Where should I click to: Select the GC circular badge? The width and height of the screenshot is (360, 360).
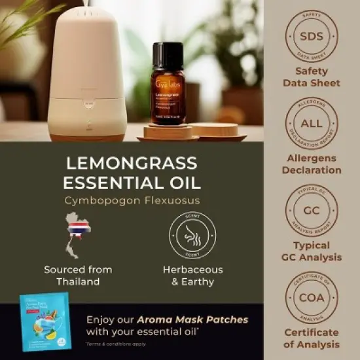(x=312, y=212)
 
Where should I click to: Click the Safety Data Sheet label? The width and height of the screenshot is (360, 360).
(x=312, y=77)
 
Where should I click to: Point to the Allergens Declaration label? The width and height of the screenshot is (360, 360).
(x=312, y=164)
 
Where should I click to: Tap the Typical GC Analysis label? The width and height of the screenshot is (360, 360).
(x=312, y=252)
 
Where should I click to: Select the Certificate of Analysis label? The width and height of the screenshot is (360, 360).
(x=312, y=338)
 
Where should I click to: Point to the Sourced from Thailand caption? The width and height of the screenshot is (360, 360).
(x=78, y=275)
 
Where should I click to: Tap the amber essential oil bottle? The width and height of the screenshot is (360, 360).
(x=168, y=92)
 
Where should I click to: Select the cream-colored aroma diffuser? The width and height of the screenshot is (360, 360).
(x=87, y=72)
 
